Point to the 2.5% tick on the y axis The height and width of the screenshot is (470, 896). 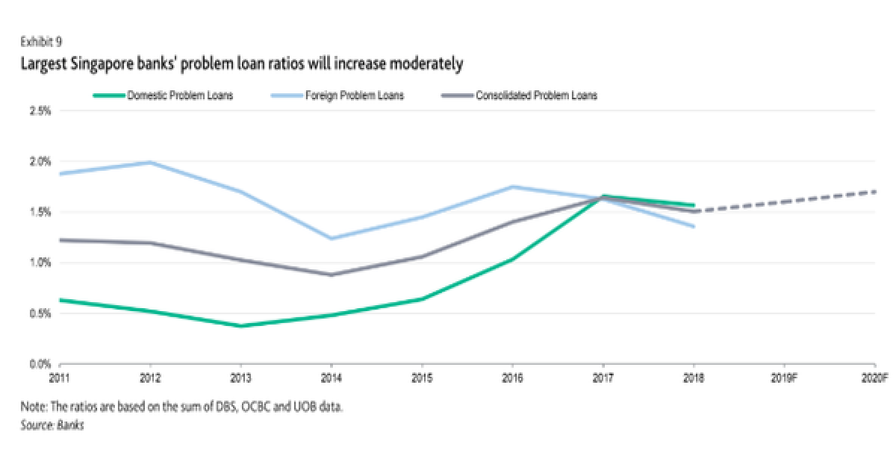(x=40, y=110)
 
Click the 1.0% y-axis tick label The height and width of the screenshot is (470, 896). (x=40, y=263)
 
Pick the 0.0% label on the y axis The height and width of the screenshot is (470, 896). (x=40, y=364)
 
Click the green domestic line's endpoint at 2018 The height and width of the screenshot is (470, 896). (x=693, y=205)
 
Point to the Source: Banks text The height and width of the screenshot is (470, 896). (x=52, y=426)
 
